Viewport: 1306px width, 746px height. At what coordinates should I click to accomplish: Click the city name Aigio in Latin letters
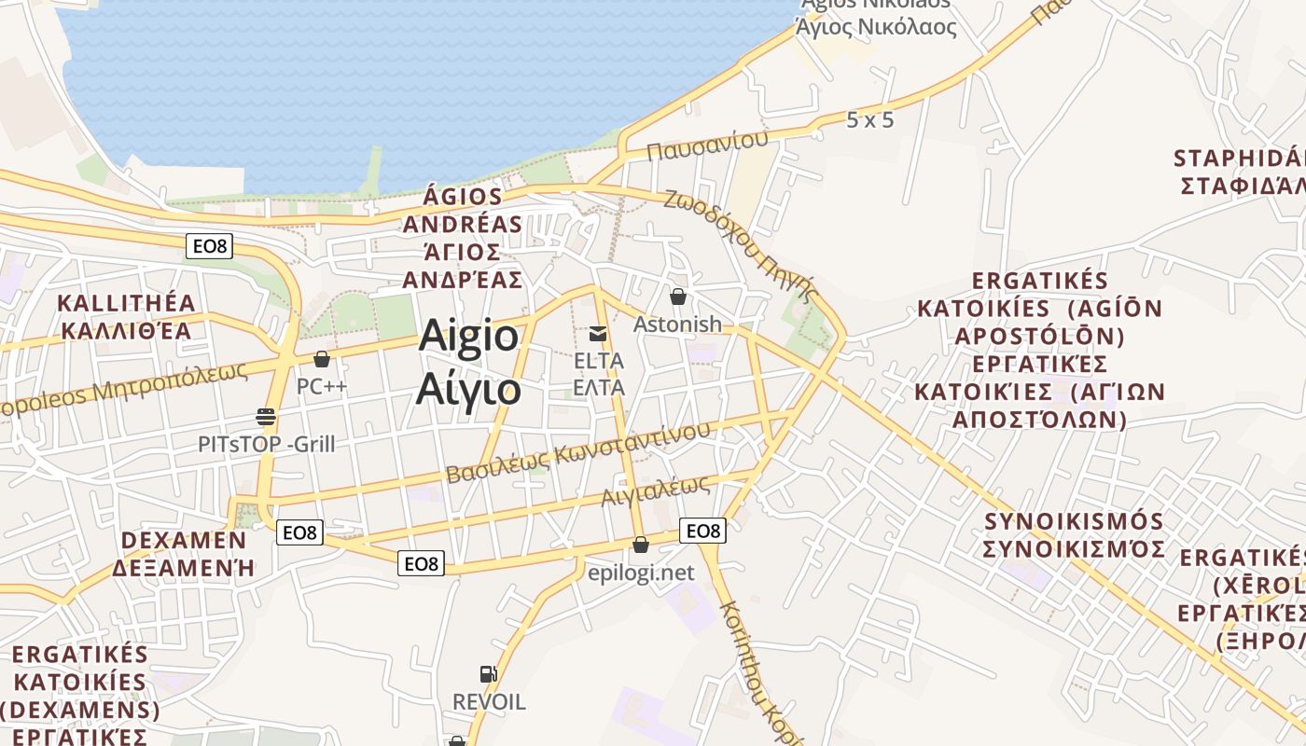[x=468, y=336]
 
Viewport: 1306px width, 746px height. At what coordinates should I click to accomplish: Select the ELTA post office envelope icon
[x=598, y=333]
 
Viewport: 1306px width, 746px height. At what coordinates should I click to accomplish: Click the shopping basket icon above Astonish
[x=678, y=297]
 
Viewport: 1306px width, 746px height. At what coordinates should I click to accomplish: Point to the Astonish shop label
[x=677, y=325]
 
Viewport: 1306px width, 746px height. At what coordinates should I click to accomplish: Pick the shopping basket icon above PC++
[x=322, y=359]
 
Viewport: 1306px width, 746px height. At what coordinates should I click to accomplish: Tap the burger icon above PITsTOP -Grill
[x=266, y=416]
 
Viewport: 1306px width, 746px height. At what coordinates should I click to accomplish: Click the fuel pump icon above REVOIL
[x=488, y=673]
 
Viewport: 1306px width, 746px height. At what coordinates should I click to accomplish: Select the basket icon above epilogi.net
[x=641, y=545]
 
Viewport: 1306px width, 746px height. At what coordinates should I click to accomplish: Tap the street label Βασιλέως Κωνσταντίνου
[x=577, y=451]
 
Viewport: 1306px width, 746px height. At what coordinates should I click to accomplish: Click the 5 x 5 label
[x=870, y=120]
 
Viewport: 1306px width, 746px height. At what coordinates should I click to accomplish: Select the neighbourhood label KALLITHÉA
[x=127, y=303]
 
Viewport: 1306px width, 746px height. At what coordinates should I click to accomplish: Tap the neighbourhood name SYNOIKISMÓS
[x=1074, y=520]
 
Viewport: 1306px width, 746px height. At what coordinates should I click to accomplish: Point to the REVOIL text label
[x=489, y=701]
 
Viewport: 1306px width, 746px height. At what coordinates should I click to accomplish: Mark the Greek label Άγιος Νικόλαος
[x=876, y=27]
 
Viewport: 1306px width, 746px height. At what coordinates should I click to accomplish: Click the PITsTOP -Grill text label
[x=266, y=444]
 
